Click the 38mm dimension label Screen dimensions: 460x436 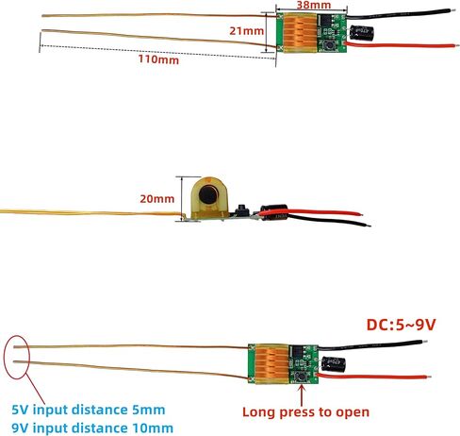(314, 5)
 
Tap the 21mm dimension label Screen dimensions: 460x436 (246, 31)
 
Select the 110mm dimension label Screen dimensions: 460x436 (158, 59)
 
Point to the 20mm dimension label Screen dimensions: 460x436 (156, 199)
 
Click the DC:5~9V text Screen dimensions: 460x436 (401, 325)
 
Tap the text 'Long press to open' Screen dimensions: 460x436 (305, 412)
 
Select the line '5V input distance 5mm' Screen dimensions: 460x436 (89, 410)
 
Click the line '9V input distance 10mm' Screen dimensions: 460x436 (92, 428)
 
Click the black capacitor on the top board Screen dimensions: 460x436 (362, 33)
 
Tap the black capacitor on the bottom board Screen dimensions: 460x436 (334, 364)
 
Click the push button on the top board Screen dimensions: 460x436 (330, 46)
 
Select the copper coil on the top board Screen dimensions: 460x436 (300, 33)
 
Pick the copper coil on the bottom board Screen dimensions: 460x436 (272, 364)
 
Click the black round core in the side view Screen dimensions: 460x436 (208, 195)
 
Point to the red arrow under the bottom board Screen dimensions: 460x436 (302, 394)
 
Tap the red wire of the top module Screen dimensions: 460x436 (399, 45)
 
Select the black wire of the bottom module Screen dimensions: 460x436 (370, 344)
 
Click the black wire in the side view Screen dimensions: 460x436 (329, 220)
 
